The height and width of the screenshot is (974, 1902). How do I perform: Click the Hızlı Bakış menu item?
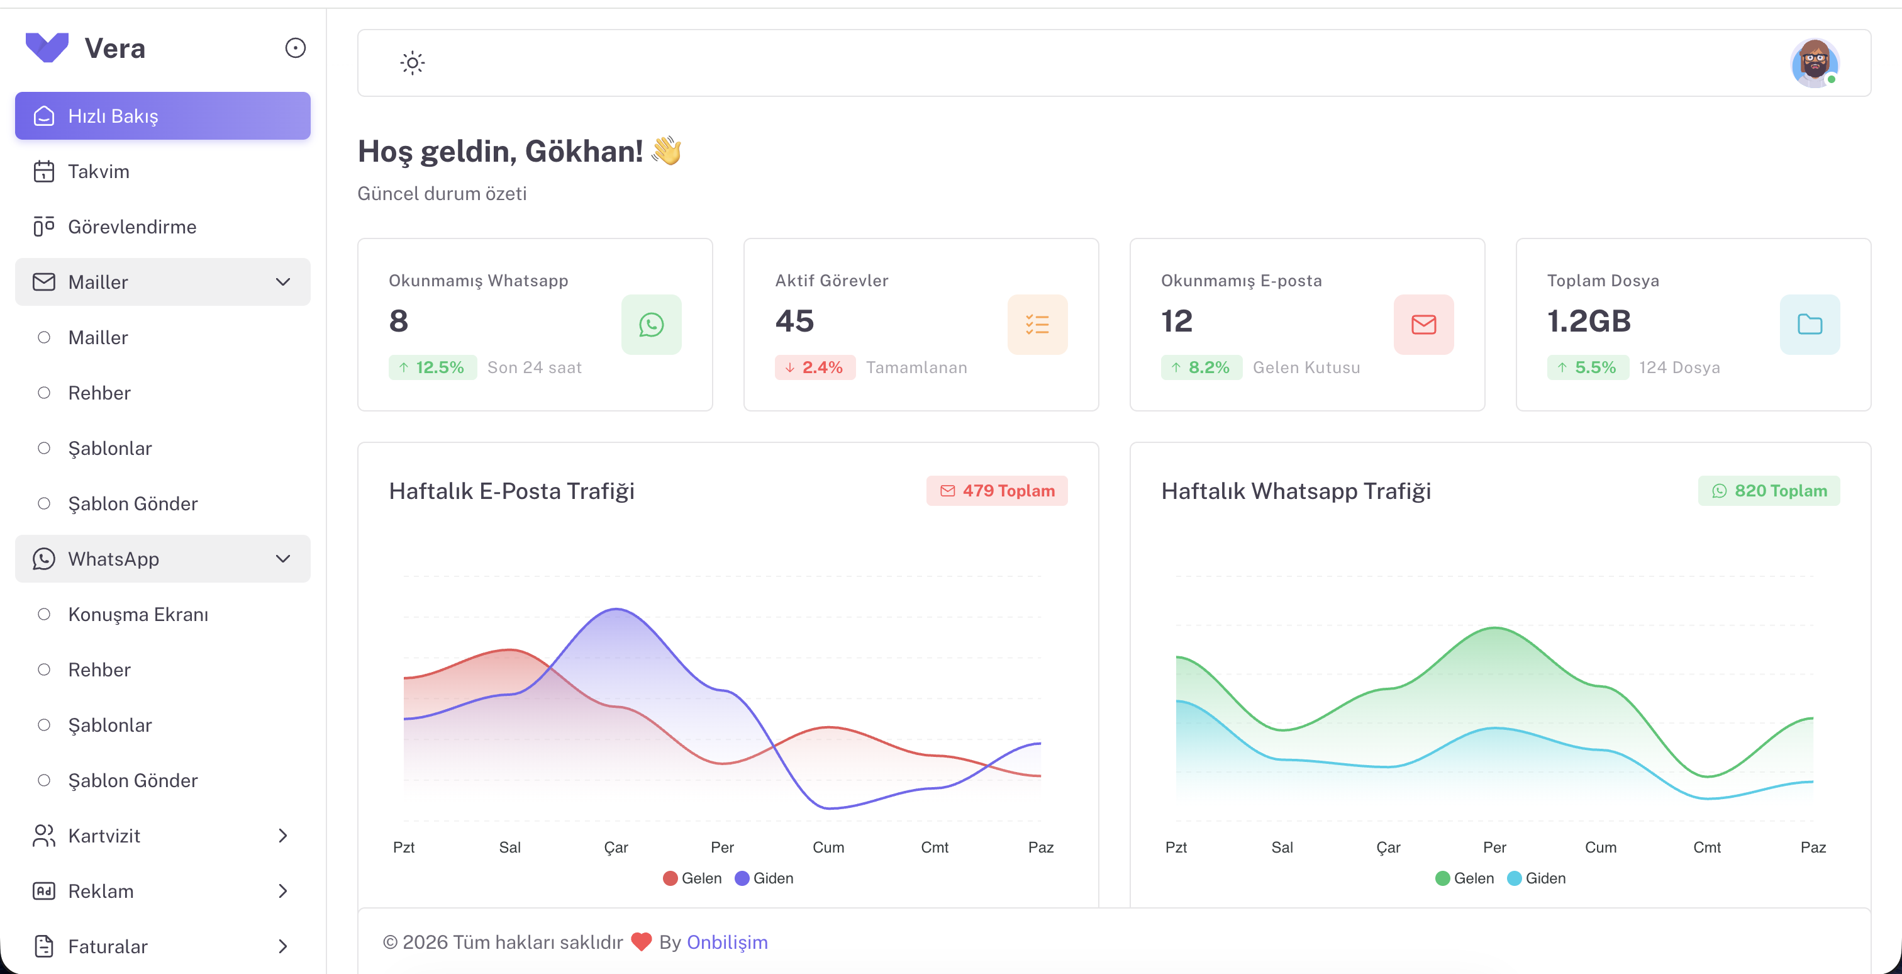click(x=162, y=116)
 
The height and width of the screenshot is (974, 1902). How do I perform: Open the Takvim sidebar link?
click(x=98, y=171)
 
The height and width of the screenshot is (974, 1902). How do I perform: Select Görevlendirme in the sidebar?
click(x=131, y=227)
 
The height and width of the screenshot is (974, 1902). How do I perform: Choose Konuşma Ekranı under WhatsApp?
click(x=138, y=614)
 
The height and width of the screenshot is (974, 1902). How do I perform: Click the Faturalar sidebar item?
click(x=107, y=947)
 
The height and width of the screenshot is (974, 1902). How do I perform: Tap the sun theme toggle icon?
click(x=412, y=63)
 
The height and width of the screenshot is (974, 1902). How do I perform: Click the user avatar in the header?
click(x=1814, y=63)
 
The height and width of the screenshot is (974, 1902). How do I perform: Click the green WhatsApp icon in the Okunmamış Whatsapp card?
click(x=651, y=325)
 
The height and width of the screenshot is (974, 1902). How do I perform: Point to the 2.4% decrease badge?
click(x=815, y=367)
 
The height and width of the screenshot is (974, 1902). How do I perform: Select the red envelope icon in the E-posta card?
click(x=1423, y=325)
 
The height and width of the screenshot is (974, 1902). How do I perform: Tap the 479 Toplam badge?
click(x=997, y=491)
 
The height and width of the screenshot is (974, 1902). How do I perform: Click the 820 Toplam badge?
click(x=1769, y=491)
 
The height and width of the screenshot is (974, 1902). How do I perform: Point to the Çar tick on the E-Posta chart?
click(x=616, y=848)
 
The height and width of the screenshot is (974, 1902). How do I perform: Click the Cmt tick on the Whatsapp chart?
click(x=1706, y=848)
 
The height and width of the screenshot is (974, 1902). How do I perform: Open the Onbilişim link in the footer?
click(x=726, y=943)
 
